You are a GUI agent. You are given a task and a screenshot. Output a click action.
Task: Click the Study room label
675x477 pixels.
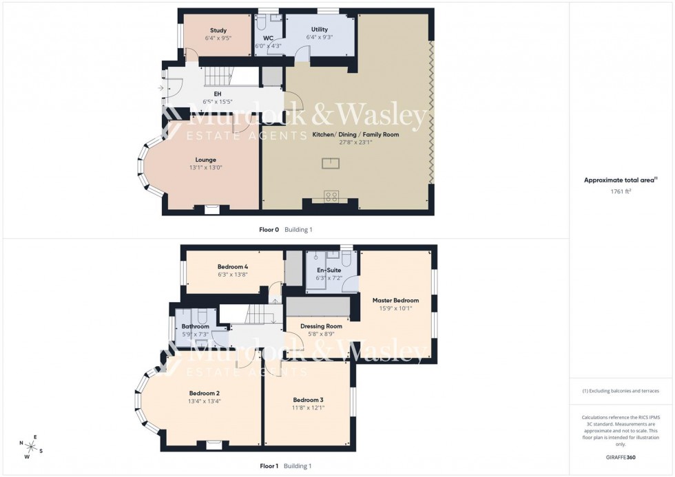click(219, 30)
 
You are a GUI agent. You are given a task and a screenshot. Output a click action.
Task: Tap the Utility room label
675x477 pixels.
click(319, 30)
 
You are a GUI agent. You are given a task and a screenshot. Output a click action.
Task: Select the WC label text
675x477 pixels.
click(269, 38)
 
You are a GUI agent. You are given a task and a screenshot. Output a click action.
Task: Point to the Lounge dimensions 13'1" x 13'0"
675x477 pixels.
click(206, 167)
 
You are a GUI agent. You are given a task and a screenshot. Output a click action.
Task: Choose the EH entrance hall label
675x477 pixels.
click(217, 93)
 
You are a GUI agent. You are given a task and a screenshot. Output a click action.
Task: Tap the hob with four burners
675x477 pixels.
click(331, 196)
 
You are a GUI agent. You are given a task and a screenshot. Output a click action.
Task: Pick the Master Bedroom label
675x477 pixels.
click(395, 300)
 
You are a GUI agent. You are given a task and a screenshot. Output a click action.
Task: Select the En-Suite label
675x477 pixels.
click(328, 270)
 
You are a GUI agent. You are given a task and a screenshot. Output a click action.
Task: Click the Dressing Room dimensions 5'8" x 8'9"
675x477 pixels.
click(321, 335)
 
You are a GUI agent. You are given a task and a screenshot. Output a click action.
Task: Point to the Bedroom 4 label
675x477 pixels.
click(232, 266)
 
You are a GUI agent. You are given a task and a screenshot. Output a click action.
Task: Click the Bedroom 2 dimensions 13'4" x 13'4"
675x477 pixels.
click(205, 402)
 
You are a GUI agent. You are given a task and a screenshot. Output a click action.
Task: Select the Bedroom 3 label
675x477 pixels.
click(308, 400)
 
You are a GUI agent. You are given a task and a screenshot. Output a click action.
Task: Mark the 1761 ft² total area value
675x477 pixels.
click(618, 191)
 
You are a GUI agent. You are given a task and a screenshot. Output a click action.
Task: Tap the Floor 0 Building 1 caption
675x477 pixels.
click(285, 230)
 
